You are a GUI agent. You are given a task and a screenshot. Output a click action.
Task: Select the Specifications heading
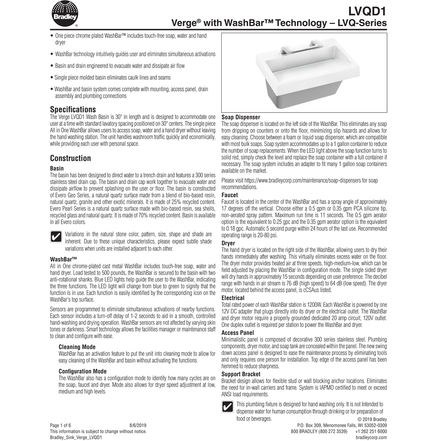point(73,110)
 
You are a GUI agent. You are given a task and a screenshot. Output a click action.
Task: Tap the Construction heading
point(70,158)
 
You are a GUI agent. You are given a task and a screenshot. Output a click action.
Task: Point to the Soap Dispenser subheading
point(241,117)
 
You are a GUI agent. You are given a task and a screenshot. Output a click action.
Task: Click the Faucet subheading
point(230,195)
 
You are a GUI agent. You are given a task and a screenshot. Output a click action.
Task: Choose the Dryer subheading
point(228,243)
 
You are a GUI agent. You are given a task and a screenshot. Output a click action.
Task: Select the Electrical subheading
point(233,298)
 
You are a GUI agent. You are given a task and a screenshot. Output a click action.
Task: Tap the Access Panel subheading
point(238,333)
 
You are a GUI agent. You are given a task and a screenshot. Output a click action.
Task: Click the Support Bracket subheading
point(241,374)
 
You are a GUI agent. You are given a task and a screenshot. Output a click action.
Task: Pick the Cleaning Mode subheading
point(77,347)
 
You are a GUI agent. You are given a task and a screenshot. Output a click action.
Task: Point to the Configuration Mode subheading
point(83,372)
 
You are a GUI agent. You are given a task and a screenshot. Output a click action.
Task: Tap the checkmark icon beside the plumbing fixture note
point(228,406)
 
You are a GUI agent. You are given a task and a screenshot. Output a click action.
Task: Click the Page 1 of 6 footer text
point(61,425)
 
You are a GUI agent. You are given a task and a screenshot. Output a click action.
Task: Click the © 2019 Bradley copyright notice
point(372,420)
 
